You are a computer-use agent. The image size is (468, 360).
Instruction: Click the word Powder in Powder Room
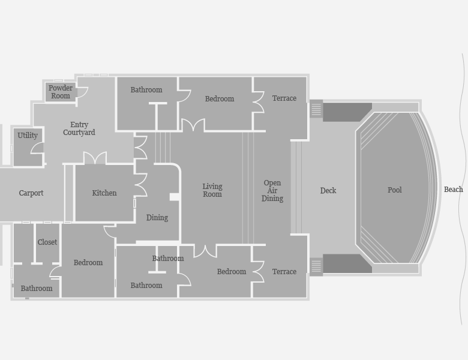click(x=61, y=88)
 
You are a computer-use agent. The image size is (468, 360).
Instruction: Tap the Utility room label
click(x=28, y=136)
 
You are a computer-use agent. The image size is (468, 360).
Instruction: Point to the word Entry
click(x=79, y=125)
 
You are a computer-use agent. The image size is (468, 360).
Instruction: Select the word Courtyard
click(x=79, y=133)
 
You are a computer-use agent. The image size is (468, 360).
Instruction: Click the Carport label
click(x=31, y=193)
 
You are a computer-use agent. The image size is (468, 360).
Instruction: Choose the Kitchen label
click(x=104, y=193)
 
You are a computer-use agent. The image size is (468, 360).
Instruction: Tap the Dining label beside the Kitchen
click(x=157, y=218)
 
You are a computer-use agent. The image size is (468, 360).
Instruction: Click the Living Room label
click(x=212, y=190)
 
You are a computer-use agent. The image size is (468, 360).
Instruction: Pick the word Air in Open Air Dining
click(x=272, y=190)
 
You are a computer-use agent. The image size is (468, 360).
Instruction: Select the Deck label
click(x=328, y=190)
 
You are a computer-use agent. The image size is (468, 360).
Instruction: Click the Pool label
click(x=395, y=190)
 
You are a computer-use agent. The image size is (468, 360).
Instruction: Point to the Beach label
click(x=454, y=189)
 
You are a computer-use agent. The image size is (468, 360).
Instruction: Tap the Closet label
click(x=47, y=242)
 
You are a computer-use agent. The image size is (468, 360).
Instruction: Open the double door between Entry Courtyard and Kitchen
click(x=95, y=157)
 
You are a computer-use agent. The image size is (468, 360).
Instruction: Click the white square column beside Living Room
click(x=175, y=197)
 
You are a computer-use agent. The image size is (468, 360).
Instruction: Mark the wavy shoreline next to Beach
click(x=462, y=189)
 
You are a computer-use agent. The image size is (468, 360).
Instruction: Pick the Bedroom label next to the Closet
click(x=88, y=263)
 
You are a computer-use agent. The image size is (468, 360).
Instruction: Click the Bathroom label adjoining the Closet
click(x=37, y=289)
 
